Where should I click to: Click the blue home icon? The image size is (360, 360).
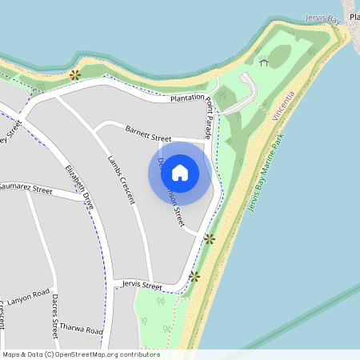(180, 172)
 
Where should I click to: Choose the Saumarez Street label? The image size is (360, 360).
(26, 190)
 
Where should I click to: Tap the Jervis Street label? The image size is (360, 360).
(142, 286)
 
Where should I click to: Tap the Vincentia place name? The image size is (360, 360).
(283, 106)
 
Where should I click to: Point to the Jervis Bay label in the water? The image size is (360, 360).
(324, 18)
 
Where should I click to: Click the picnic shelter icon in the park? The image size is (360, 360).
(263, 61)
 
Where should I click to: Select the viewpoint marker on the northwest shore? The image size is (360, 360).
(74, 75)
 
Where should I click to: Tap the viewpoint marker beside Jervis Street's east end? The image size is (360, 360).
(194, 276)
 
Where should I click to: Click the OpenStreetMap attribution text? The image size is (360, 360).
(81, 354)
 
